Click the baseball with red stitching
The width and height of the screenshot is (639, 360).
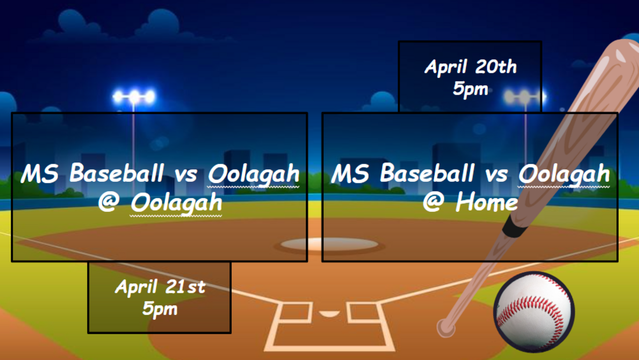534,312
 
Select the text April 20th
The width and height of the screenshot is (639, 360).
470,67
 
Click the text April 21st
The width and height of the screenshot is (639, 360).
160,287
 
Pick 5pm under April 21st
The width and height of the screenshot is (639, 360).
160,309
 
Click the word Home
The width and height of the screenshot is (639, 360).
487,202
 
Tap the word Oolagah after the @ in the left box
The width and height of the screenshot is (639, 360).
176,203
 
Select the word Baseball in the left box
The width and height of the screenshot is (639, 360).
116,173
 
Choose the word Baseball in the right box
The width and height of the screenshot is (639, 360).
427,173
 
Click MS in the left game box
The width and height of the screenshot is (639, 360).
40,173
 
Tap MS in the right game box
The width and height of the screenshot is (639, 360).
350,173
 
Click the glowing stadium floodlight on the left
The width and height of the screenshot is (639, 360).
134,97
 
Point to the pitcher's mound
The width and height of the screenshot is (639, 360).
329,244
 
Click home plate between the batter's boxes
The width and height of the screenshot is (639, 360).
329,313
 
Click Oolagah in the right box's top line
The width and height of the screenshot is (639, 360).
564,174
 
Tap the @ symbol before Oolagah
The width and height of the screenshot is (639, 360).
109,202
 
